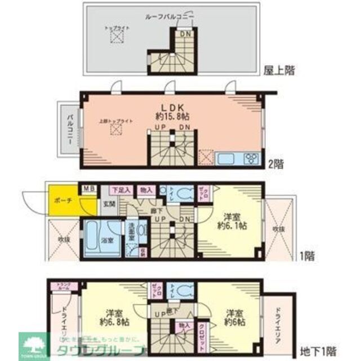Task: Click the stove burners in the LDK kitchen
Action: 251,158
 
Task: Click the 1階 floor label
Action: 307,256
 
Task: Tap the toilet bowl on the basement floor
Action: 181,290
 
